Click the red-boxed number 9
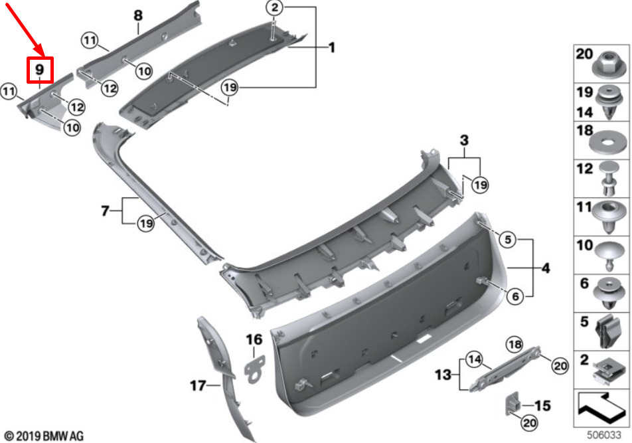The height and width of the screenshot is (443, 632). tap(40, 69)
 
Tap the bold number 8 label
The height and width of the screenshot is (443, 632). tap(138, 15)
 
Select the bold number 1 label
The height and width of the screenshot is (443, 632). tap(332, 48)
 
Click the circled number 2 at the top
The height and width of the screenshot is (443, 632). tap(274, 7)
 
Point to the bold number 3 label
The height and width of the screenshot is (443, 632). tap(464, 140)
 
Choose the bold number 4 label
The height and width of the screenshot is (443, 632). tap(545, 268)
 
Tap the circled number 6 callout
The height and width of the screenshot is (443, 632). tap(516, 297)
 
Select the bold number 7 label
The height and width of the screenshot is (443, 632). tap(105, 211)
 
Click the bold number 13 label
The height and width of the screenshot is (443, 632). tap(443, 375)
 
